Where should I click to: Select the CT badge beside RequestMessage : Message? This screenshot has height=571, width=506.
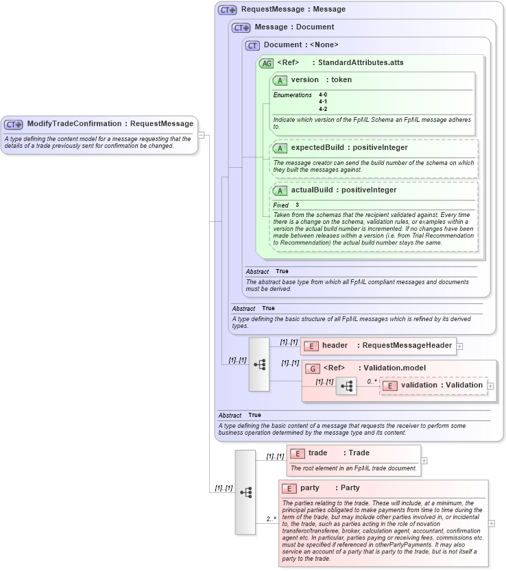point(227,10)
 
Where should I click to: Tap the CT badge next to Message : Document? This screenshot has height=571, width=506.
point(241,27)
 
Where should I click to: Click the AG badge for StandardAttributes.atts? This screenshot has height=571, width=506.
point(266,63)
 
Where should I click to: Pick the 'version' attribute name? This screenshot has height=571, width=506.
point(305,80)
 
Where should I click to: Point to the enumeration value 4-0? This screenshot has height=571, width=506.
point(323,95)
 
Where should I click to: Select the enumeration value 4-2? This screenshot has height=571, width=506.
point(323,109)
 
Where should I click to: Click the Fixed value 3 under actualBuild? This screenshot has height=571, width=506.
point(298,205)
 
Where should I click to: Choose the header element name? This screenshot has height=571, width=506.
point(335,346)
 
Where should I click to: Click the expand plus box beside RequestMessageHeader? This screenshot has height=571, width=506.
point(460,346)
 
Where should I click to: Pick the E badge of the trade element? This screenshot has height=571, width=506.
point(297,453)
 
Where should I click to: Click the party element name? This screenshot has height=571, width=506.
point(310,488)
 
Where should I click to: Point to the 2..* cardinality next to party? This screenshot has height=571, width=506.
point(271,519)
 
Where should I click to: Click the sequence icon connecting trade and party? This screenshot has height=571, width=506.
point(245,492)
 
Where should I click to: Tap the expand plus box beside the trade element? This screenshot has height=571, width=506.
point(424,460)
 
